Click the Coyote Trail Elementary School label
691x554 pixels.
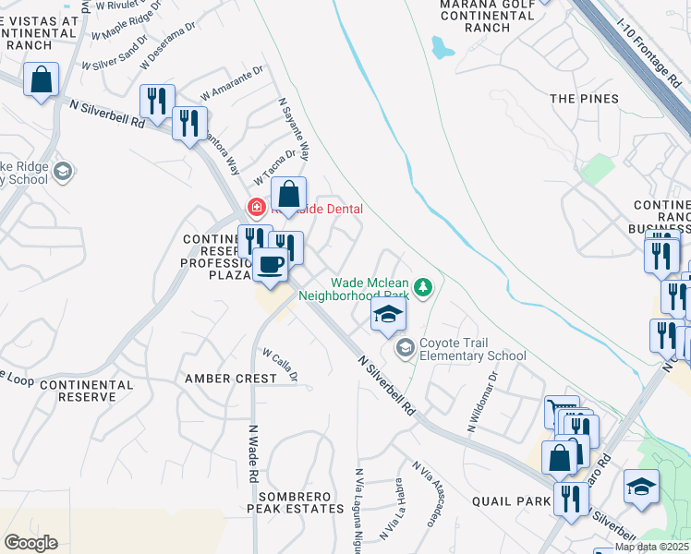473,348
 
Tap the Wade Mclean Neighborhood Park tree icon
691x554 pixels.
423,288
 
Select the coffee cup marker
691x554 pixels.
270,266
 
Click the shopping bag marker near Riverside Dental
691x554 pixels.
289,195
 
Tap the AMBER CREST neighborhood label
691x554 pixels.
230,379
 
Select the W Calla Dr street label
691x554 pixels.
280,363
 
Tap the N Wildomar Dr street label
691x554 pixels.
483,402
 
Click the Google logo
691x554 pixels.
30,543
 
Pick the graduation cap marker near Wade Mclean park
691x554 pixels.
389,315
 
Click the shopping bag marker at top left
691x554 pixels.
42,80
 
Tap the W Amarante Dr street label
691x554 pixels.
232,81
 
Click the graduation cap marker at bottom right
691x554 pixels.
641,488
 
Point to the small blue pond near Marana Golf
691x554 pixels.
442,47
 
